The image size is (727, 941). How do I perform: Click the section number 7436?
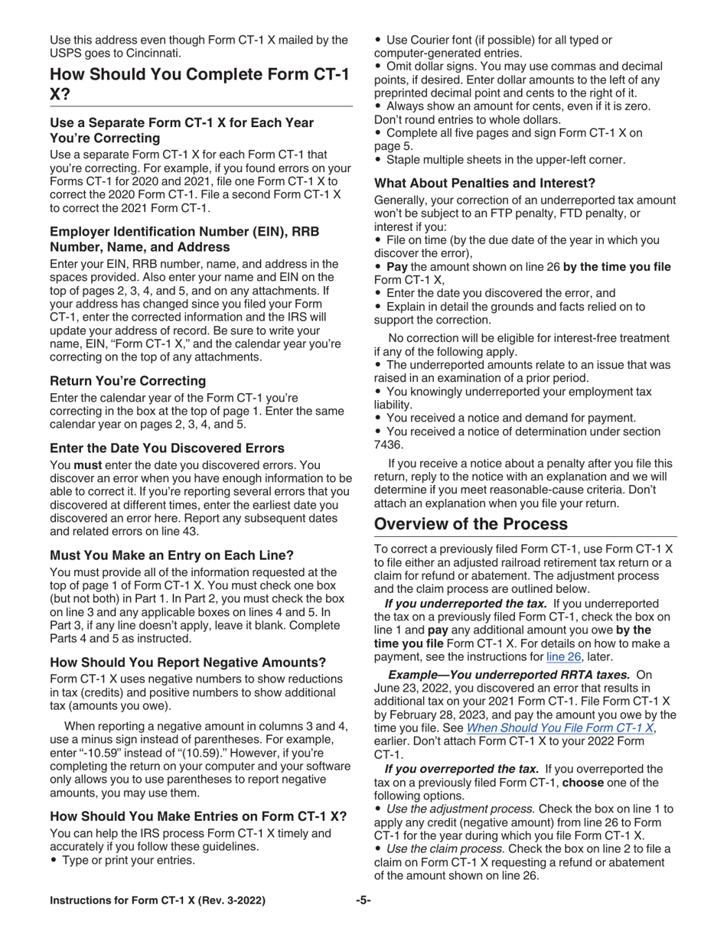(388, 444)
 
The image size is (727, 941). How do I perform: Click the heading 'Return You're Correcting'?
(128, 380)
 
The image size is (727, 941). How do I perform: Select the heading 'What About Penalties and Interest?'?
(484, 183)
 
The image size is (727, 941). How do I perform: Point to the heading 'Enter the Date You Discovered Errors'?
(167, 448)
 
